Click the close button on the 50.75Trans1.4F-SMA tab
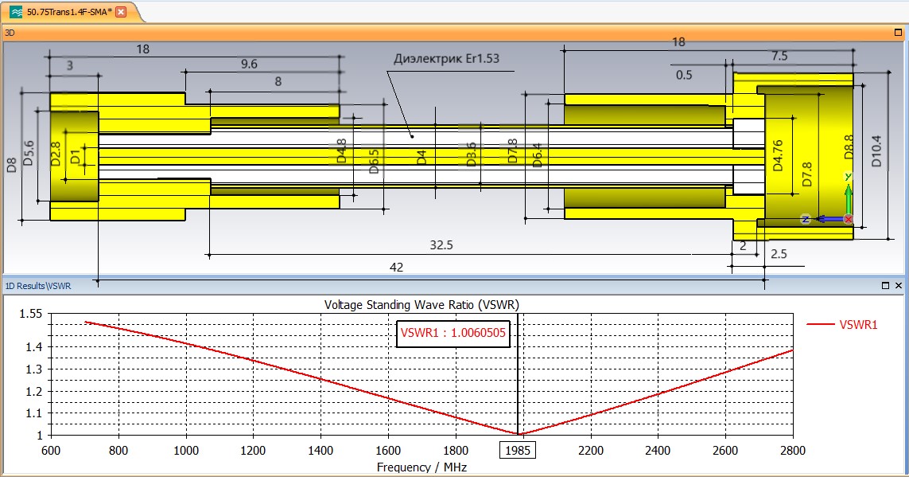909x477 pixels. pyautogui.click(x=121, y=12)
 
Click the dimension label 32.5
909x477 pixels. pyautogui.click(x=441, y=245)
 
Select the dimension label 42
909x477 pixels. pyautogui.click(x=396, y=267)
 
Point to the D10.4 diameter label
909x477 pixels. pyautogui.click(x=876, y=151)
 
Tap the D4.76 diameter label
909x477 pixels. pyautogui.click(x=778, y=155)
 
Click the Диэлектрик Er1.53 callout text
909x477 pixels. pyautogui.click(x=446, y=59)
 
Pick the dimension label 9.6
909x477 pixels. pyautogui.click(x=249, y=64)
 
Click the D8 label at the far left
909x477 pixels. pyautogui.click(x=12, y=164)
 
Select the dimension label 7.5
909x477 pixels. pyautogui.click(x=779, y=56)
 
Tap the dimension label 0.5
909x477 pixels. pyautogui.click(x=684, y=75)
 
